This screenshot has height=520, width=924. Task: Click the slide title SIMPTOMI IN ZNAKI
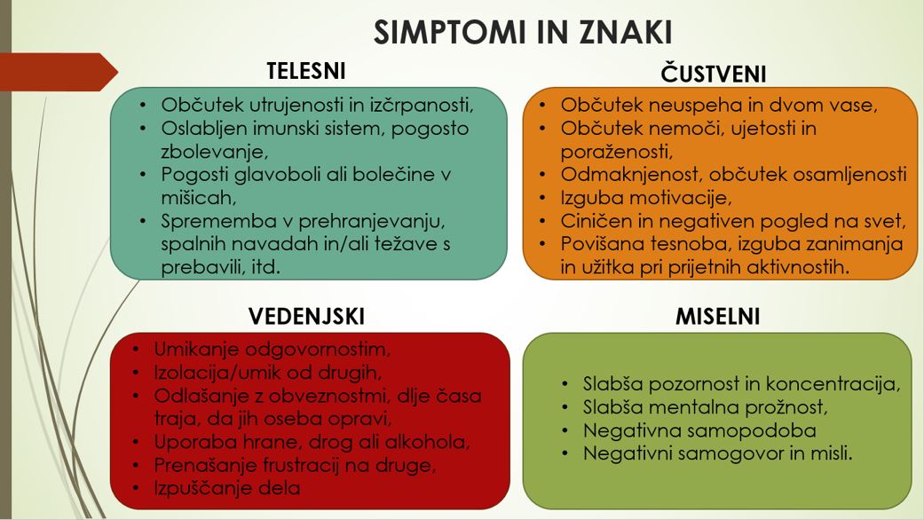tap(523, 32)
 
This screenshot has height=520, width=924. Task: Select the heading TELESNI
tap(306, 71)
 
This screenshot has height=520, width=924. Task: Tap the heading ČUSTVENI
tap(713, 74)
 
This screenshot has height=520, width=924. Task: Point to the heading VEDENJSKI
tap(306, 316)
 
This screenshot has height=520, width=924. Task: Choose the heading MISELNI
tap(717, 316)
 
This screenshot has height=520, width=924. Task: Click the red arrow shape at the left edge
tap(59, 72)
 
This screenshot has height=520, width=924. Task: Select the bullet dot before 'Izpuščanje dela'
tap(136, 489)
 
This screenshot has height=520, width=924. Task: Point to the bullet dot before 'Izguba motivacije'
tap(542, 199)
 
